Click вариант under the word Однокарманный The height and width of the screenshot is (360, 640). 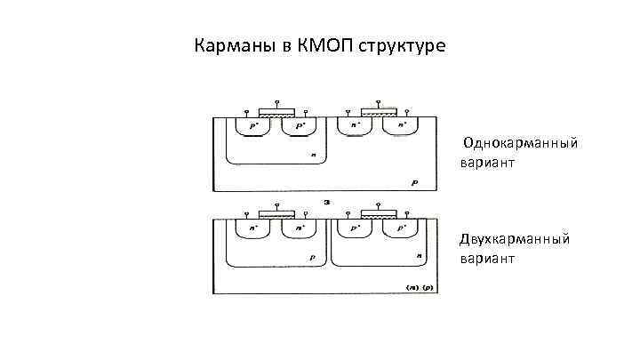click(488, 164)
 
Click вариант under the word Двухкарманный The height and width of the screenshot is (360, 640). click(488, 259)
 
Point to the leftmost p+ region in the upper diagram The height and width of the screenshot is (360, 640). click(252, 127)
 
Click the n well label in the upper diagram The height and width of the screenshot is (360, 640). click(313, 155)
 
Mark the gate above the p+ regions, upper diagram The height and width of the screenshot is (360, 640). click(276, 113)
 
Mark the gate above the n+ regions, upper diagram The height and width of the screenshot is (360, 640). click(380, 112)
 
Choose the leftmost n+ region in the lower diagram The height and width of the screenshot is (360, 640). click(252, 228)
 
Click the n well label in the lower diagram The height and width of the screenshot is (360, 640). click(419, 256)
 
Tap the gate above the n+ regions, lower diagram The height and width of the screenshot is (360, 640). click(276, 214)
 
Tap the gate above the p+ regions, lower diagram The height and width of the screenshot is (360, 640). click(380, 214)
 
